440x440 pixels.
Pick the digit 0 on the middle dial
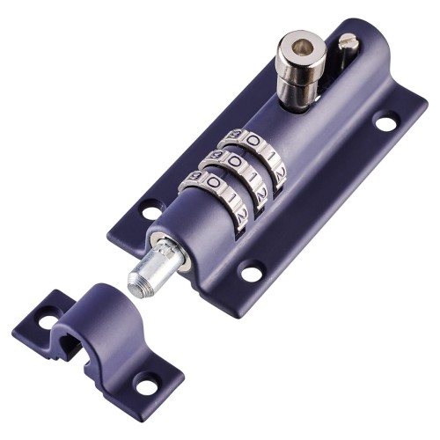234,161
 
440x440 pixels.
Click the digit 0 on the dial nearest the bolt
212,182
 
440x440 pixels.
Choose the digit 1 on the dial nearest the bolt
230,197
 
